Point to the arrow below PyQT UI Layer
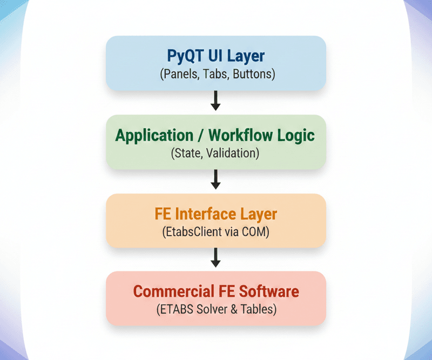click(215, 101)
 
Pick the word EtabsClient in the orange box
click(190, 232)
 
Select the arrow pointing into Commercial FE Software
click(215, 258)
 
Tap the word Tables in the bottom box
click(256, 310)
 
